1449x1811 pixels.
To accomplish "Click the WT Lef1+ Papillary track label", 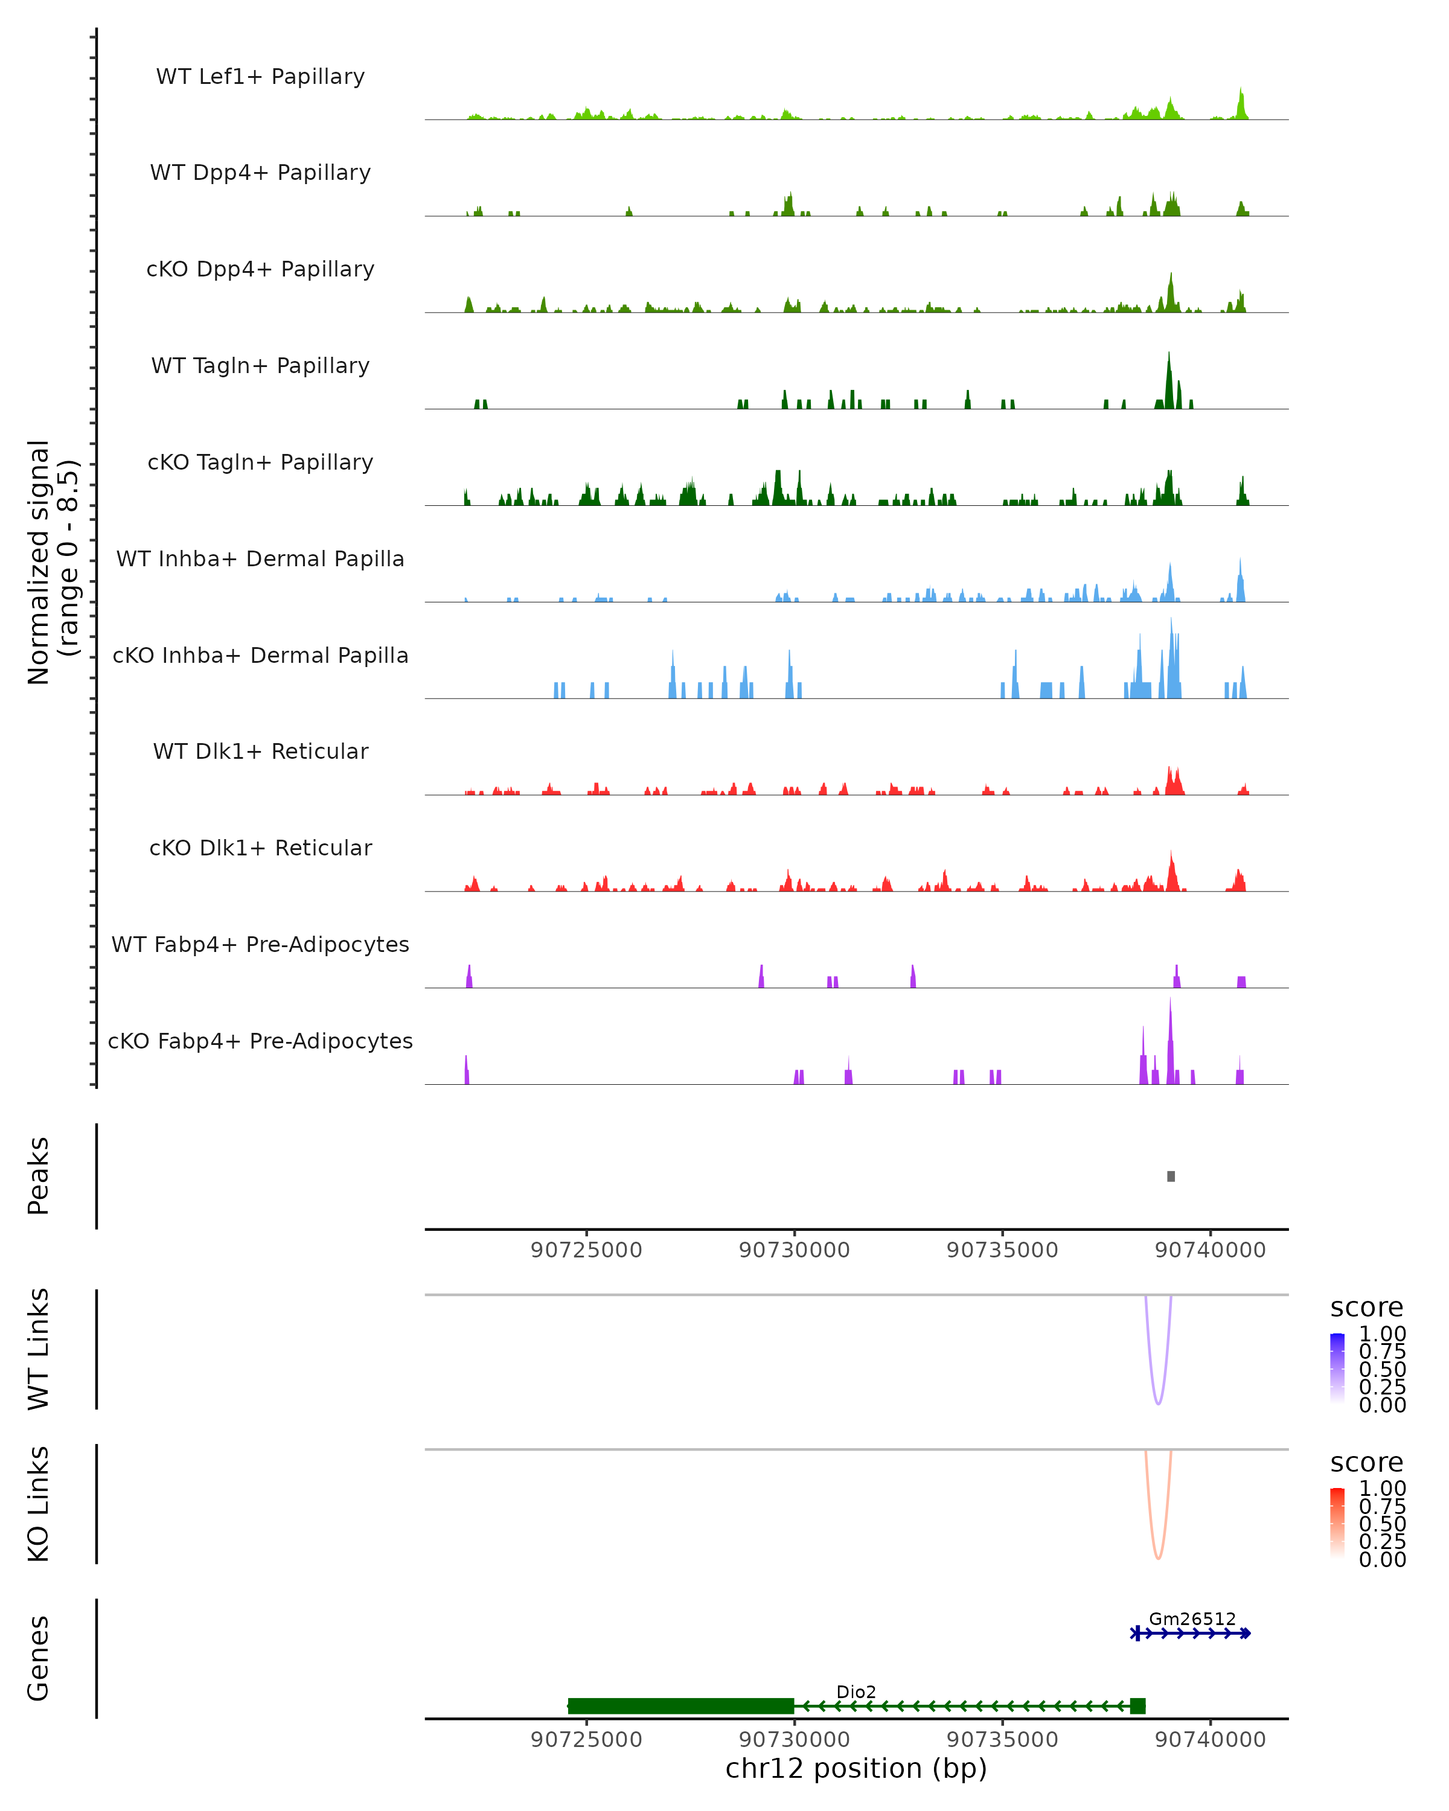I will coord(260,77).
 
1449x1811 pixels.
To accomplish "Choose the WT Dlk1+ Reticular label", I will coord(260,751).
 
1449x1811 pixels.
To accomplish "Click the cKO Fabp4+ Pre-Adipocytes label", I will coord(260,1041).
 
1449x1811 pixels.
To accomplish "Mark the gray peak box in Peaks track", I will coord(1171,1176).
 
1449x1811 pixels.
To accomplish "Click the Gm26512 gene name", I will coord(1192,1618).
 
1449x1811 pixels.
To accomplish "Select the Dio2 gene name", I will coord(856,1691).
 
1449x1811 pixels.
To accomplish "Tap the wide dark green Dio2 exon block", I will coord(680,1706).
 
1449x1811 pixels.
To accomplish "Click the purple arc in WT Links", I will coord(1159,1403).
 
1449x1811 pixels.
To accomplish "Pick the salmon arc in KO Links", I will coord(1159,1557).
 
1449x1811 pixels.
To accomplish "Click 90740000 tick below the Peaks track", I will coord(1211,1250).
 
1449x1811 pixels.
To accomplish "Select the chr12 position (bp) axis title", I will coord(856,1768).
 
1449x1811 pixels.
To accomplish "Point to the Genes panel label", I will coord(38,1658).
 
